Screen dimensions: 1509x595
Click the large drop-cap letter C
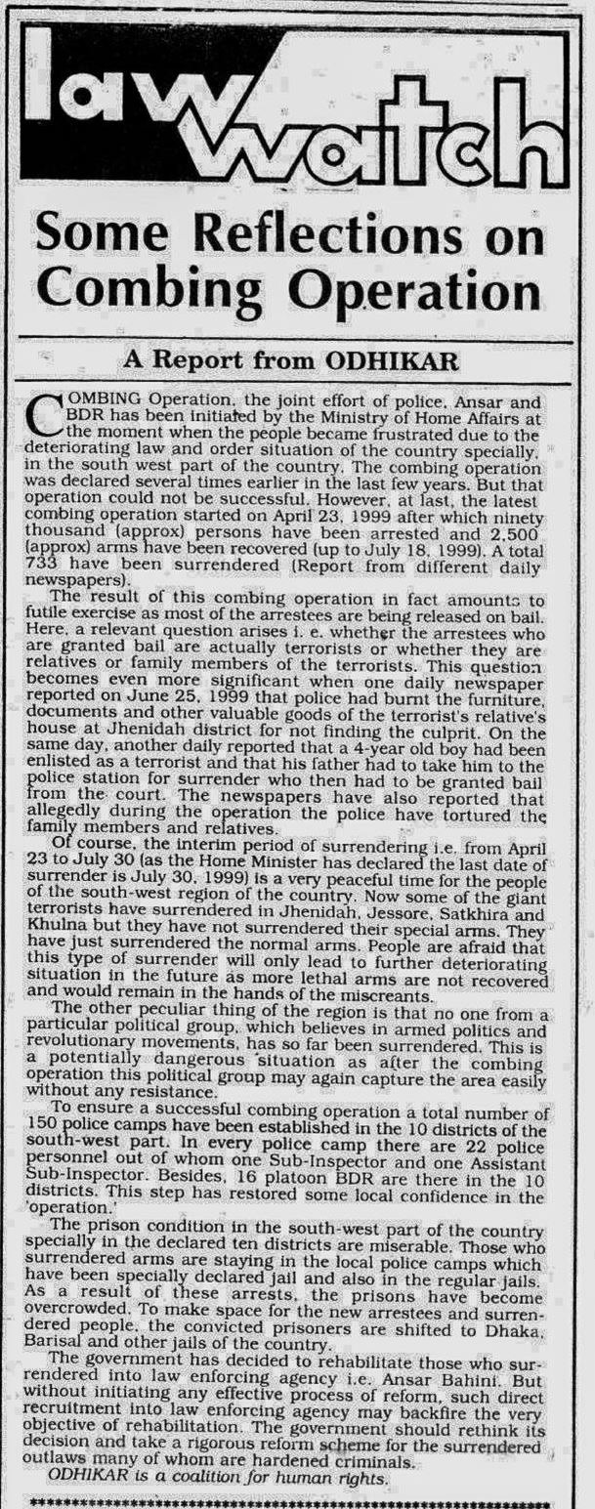coord(48,414)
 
